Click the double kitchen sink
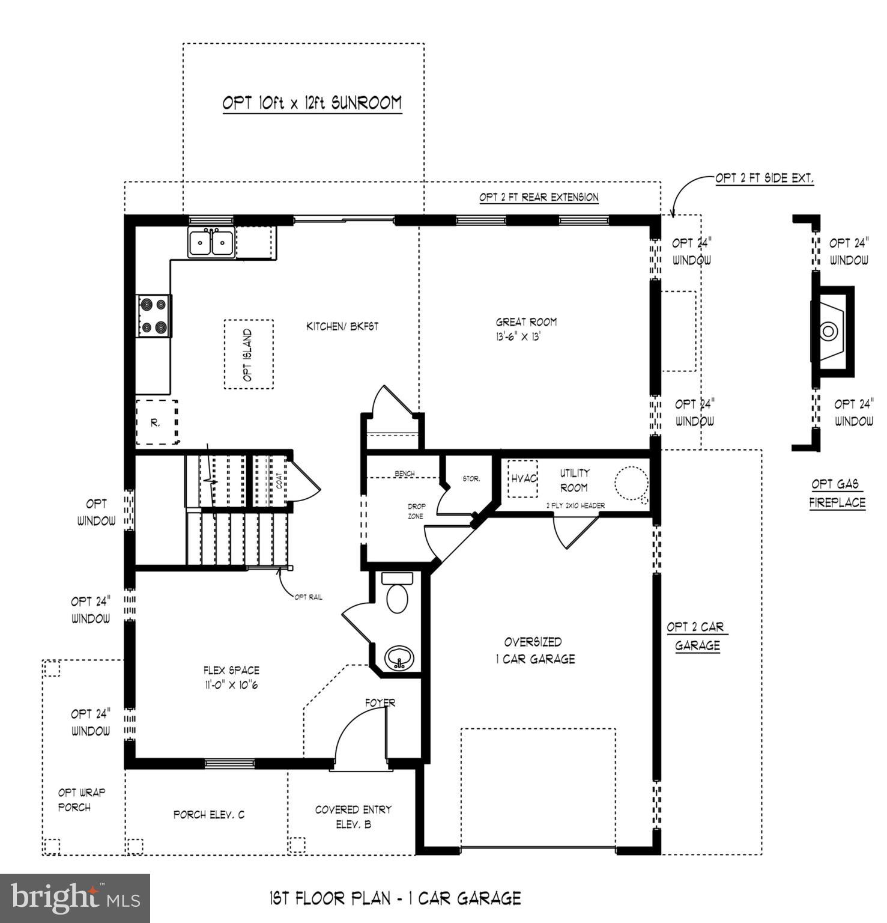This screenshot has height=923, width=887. [x=211, y=243]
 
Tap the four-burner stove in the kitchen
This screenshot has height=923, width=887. [x=153, y=316]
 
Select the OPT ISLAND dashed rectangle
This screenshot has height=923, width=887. [x=249, y=355]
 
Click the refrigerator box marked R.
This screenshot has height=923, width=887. [x=156, y=422]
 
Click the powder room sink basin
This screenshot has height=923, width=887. [x=398, y=657]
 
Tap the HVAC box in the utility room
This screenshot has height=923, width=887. [x=523, y=479]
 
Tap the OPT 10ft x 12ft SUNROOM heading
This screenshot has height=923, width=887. [x=312, y=103]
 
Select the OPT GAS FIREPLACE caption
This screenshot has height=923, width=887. [x=837, y=493]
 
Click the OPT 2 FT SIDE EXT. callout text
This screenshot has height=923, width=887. [x=764, y=178]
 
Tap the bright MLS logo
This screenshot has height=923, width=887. [x=75, y=898]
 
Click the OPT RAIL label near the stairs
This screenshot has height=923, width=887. [x=308, y=597]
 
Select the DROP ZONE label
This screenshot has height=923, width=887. [x=416, y=511]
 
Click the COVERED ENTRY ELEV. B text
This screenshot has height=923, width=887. [x=353, y=817]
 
